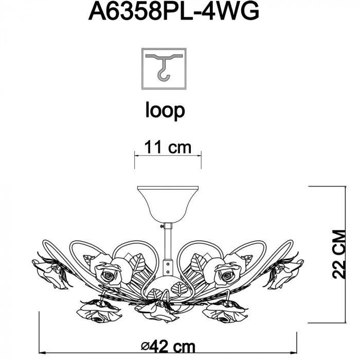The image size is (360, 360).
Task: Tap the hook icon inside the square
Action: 164,66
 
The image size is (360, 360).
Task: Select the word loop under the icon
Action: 165,111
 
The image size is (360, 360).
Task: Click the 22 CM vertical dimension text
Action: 338,254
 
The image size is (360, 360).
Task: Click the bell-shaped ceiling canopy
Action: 168,204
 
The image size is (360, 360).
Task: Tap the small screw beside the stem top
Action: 162,226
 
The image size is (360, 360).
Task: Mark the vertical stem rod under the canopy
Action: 168,241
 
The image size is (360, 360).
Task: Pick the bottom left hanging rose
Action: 99,311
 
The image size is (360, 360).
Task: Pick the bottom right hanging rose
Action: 225,311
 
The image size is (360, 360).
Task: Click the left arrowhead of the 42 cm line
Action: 42,352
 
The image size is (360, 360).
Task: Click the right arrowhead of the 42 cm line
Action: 294,352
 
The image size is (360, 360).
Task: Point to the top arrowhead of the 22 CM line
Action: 346,189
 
